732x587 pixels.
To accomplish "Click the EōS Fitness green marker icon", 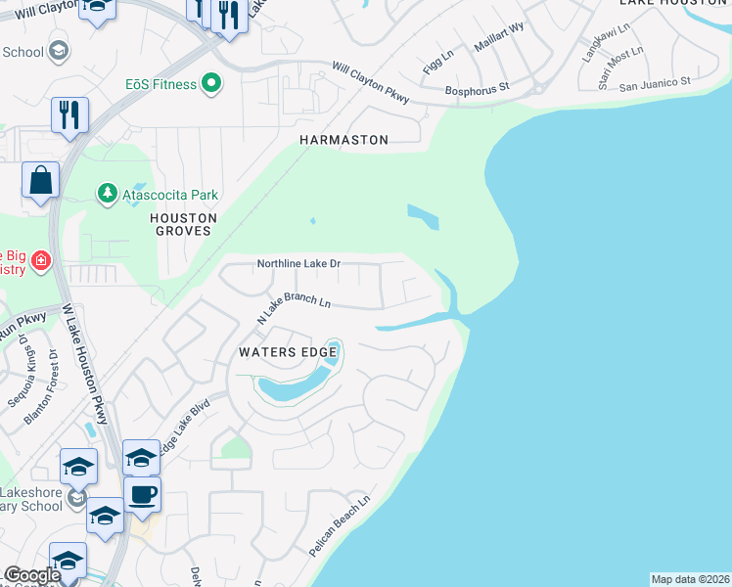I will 209,84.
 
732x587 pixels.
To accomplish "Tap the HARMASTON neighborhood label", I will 343,141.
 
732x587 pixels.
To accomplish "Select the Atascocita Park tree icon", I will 107,195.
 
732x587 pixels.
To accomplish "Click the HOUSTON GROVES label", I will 183,224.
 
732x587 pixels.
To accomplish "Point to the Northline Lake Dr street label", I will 298,264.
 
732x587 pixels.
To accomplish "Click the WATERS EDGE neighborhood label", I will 289,351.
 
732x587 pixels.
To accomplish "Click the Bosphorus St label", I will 478,87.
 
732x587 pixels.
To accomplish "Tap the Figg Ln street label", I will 437,61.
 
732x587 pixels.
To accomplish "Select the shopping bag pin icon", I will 40,181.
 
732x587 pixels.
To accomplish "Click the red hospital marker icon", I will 40,260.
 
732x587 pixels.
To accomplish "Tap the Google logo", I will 31,575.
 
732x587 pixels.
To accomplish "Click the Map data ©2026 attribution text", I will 690,579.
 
